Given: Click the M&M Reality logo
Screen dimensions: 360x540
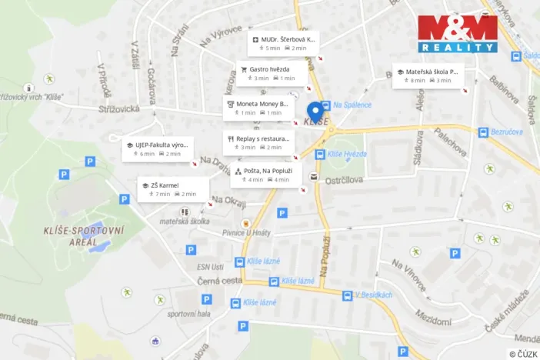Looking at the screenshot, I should pyautogui.click(x=457, y=33).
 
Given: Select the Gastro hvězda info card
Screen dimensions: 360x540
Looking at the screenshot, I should pyautogui.click(x=272, y=73).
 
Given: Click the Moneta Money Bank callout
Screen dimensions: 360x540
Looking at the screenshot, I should pyautogui.click(x=257, y=108).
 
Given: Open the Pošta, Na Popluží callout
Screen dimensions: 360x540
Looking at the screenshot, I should pyautogui.click(x=265, y=175).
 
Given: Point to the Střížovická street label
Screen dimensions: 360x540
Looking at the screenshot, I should pyautogui.click(x=119, y=110).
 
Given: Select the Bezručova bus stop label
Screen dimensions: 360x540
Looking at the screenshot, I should pyautogui.click(x=507, y=132).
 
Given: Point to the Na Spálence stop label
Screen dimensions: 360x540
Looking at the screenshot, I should pyautogui.click(x=352, y=105).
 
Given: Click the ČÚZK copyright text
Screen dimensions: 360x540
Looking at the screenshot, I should pyautogui.click(x=523, y=353).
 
